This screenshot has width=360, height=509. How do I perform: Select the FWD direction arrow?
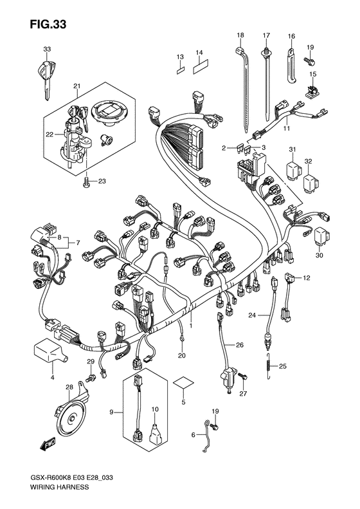pyautogui.click(x=48, y=443)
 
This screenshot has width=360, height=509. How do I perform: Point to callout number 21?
pyautogui.click(x=76, y=86)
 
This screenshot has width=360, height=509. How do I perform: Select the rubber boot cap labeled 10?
pyautogui.click(x=156, y=431)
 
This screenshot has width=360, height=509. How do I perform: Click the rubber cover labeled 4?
pyautogui.click(x=48, y=351)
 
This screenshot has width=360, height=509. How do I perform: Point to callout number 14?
pyautogui.click(x=199, y=53)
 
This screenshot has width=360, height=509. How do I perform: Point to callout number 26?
pyautogui.click(x=240, y=346)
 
